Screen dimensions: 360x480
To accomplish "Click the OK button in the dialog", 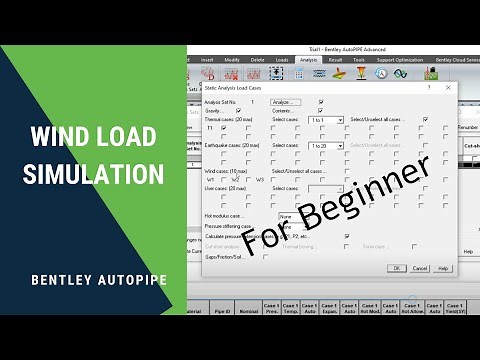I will point(398,268).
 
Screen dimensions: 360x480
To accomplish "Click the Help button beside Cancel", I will point(444,268).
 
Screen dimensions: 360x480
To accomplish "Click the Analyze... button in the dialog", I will point(285,102).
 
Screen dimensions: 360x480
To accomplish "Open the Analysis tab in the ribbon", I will point(308,60).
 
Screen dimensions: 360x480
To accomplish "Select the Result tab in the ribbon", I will point(335,60).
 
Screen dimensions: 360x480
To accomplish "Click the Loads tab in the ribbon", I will point(282,60).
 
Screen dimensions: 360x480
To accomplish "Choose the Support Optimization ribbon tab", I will point(399,60).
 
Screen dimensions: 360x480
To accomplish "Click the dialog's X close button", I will point(447,88).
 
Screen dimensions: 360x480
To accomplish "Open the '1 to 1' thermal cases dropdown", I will point(327,119).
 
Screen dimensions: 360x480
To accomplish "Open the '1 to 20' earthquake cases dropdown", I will point(327,145).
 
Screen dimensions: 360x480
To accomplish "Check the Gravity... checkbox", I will point(238,110).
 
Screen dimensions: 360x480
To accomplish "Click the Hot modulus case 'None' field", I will point(293,215).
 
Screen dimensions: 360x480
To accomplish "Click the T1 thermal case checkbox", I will point(224,128).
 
